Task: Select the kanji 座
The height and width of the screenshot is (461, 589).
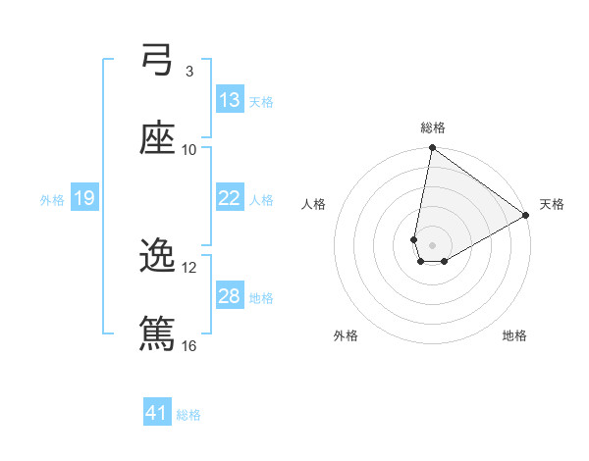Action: (157, 139)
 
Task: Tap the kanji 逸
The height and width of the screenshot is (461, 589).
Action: (157, 257)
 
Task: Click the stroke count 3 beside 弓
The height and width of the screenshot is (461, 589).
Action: (189, 71)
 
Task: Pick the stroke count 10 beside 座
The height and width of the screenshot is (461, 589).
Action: (189, 149)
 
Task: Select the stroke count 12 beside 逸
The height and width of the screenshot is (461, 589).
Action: (189, 267)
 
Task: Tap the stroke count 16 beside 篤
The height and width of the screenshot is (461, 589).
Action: (189, 345)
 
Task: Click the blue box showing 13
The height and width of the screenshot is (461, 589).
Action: (230, 100)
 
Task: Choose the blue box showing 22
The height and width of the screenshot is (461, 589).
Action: (230, 198)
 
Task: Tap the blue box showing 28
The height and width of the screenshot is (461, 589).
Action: (230, 296)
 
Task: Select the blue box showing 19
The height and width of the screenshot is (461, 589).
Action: (84, 198)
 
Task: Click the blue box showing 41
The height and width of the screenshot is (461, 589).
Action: (157, 414)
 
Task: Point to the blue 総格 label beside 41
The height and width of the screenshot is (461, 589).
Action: (188, 415)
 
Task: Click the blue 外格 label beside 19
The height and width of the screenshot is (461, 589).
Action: (52, 199)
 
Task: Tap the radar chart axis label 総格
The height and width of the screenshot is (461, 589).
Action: (433, 128)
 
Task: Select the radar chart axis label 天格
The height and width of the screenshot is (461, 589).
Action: (552, 204)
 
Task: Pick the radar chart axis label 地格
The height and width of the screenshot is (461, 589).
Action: (514, 335)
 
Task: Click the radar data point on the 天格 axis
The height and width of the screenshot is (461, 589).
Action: (526, 216)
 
